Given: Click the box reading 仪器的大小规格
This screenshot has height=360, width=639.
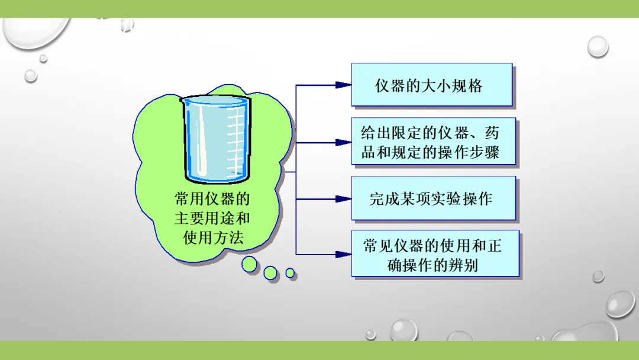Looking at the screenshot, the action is tap(432, 85).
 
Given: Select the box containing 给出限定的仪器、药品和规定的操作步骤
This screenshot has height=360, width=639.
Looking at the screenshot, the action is tap(434, 142).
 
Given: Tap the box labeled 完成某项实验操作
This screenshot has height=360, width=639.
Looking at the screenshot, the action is tap(434, 198).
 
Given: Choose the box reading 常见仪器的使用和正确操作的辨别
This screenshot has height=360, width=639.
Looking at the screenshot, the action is tap(435, 253).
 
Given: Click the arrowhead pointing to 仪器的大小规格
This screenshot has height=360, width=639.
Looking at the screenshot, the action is tap(344, 85).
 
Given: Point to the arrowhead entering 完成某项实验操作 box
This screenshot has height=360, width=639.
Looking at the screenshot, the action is tap(344, 199).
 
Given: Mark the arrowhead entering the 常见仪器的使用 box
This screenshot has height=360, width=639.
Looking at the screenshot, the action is tap(344, 255).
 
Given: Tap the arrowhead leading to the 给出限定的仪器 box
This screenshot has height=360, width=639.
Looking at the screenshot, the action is tap(344, 143).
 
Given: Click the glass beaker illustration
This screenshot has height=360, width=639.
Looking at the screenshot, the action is tap(216, 139).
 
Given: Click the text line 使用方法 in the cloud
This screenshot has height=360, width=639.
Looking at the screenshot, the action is tap(213, 237).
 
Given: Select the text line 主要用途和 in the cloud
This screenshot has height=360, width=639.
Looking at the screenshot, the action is tap(212, 218).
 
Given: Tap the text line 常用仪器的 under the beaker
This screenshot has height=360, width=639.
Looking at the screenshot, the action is tap(212, 199).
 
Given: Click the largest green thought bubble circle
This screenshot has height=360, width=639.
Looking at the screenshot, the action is tap(250, 265).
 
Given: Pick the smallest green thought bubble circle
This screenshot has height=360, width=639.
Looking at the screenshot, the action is tap(290, 273).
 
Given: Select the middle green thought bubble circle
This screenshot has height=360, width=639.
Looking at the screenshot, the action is tap(270, 273).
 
